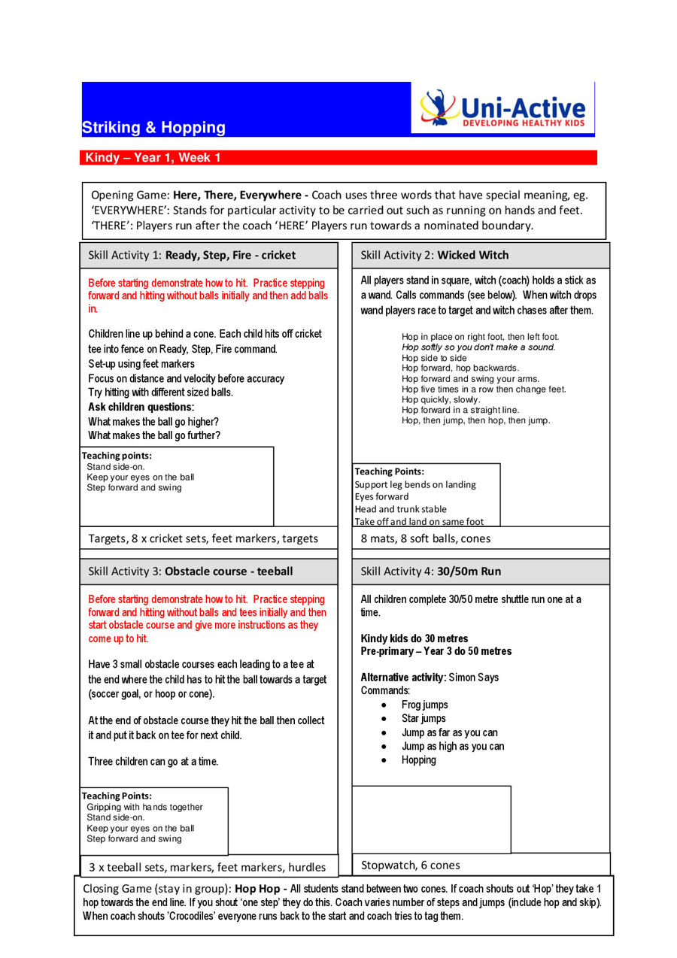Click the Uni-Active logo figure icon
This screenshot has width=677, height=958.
[x=439, y=108]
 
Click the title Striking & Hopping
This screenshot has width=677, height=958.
[x=153, y=128]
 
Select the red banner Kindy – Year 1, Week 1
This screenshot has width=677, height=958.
[x=153, y=158]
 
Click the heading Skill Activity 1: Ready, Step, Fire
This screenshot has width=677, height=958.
[x=192, y=255]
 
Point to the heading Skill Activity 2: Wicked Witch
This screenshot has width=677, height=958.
[x=434, y=255]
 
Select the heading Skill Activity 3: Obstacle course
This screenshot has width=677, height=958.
[x=190, y=571]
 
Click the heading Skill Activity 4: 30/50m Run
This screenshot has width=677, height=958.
[x=430, y=571]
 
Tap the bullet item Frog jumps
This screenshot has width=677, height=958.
[x=424, y=705]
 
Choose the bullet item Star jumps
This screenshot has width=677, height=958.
[x=424, y=719]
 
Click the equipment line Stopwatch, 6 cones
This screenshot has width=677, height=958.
[x=411, y=865]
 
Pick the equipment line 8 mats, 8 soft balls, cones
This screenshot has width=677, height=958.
[x=425, y=538]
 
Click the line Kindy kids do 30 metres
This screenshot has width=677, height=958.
[x=414, y=638]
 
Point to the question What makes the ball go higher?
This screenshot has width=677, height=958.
[x=153, y=422]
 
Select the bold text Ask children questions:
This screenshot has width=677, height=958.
[x=141, y=408]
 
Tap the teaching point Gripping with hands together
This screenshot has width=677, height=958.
[x=144, y=807]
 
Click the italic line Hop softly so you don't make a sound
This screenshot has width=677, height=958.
[x=478, y=347]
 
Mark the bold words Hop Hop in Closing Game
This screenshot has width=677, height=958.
[x=257, y=888]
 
